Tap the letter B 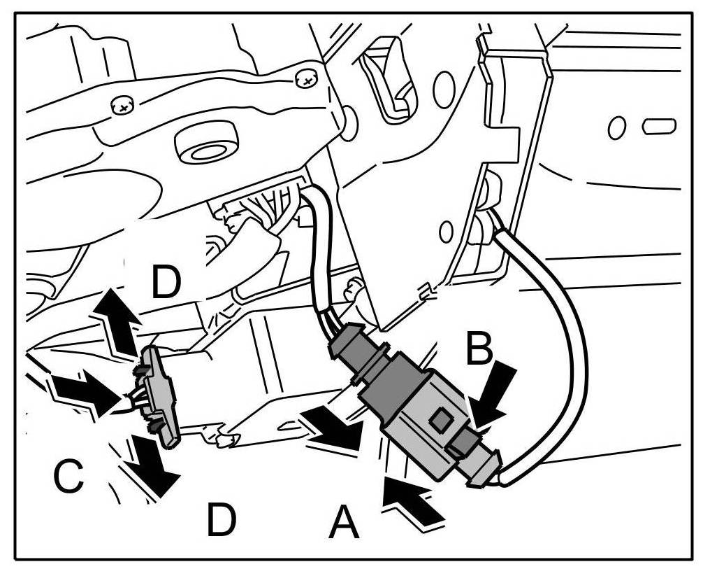click(x=479, y=348)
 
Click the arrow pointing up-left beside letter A click(x=412, y=500)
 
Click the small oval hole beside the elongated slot click(x=616, y=127)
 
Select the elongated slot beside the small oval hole click(x=659, y=127)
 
